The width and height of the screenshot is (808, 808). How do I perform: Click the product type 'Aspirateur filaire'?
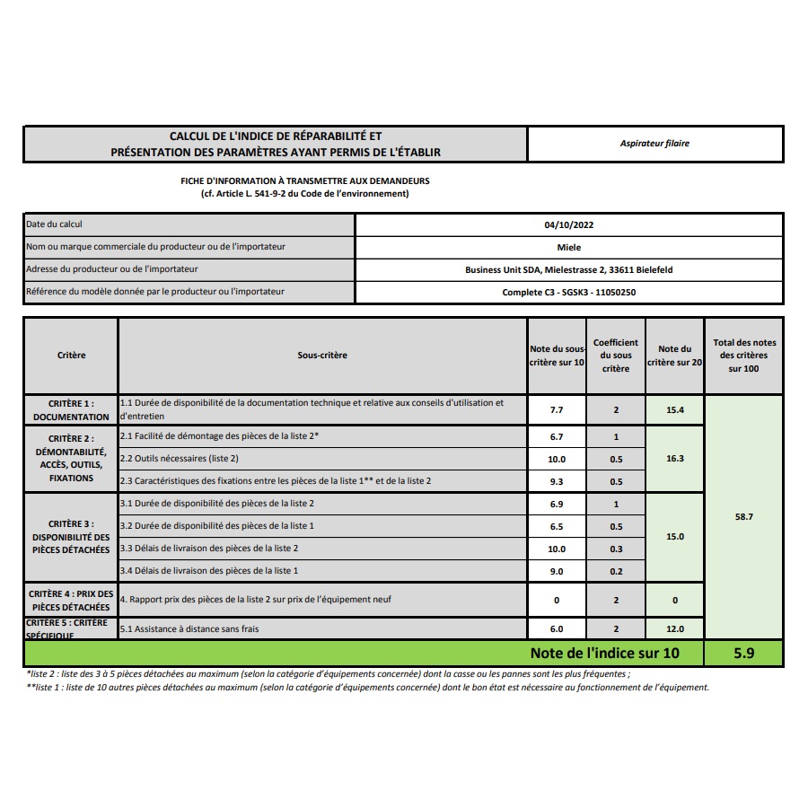coord(654,144)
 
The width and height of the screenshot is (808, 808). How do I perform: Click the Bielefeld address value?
coord(568,269)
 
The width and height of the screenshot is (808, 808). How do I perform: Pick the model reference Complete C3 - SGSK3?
coord(569,292)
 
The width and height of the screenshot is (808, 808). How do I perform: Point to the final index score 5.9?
coord(743,653)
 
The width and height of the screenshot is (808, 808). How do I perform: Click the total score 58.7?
coord(743,518)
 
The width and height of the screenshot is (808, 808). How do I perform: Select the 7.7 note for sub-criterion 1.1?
coord(557,409)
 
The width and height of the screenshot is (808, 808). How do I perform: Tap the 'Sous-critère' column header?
coord(322,356)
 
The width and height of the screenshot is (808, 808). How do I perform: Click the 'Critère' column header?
coord(71,356)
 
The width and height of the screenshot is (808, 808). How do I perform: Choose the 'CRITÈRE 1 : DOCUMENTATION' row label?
coord(71,410)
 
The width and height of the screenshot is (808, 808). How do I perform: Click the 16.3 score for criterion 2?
coord(675,458)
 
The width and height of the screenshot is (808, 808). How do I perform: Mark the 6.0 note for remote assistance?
coord(557,629)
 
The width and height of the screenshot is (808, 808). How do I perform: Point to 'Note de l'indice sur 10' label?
coord(604,653)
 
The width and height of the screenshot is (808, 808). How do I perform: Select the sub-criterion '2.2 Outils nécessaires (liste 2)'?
coord(180,459)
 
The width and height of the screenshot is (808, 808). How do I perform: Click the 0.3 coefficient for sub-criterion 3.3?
coord(616,549)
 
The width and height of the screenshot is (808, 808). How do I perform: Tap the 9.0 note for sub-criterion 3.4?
coord(557,571)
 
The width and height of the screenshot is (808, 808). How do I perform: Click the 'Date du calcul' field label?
coord(55,224)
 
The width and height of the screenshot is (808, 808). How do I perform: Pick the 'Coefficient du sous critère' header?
coord(616,356)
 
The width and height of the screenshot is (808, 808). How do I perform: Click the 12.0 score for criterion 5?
coord(675,629)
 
